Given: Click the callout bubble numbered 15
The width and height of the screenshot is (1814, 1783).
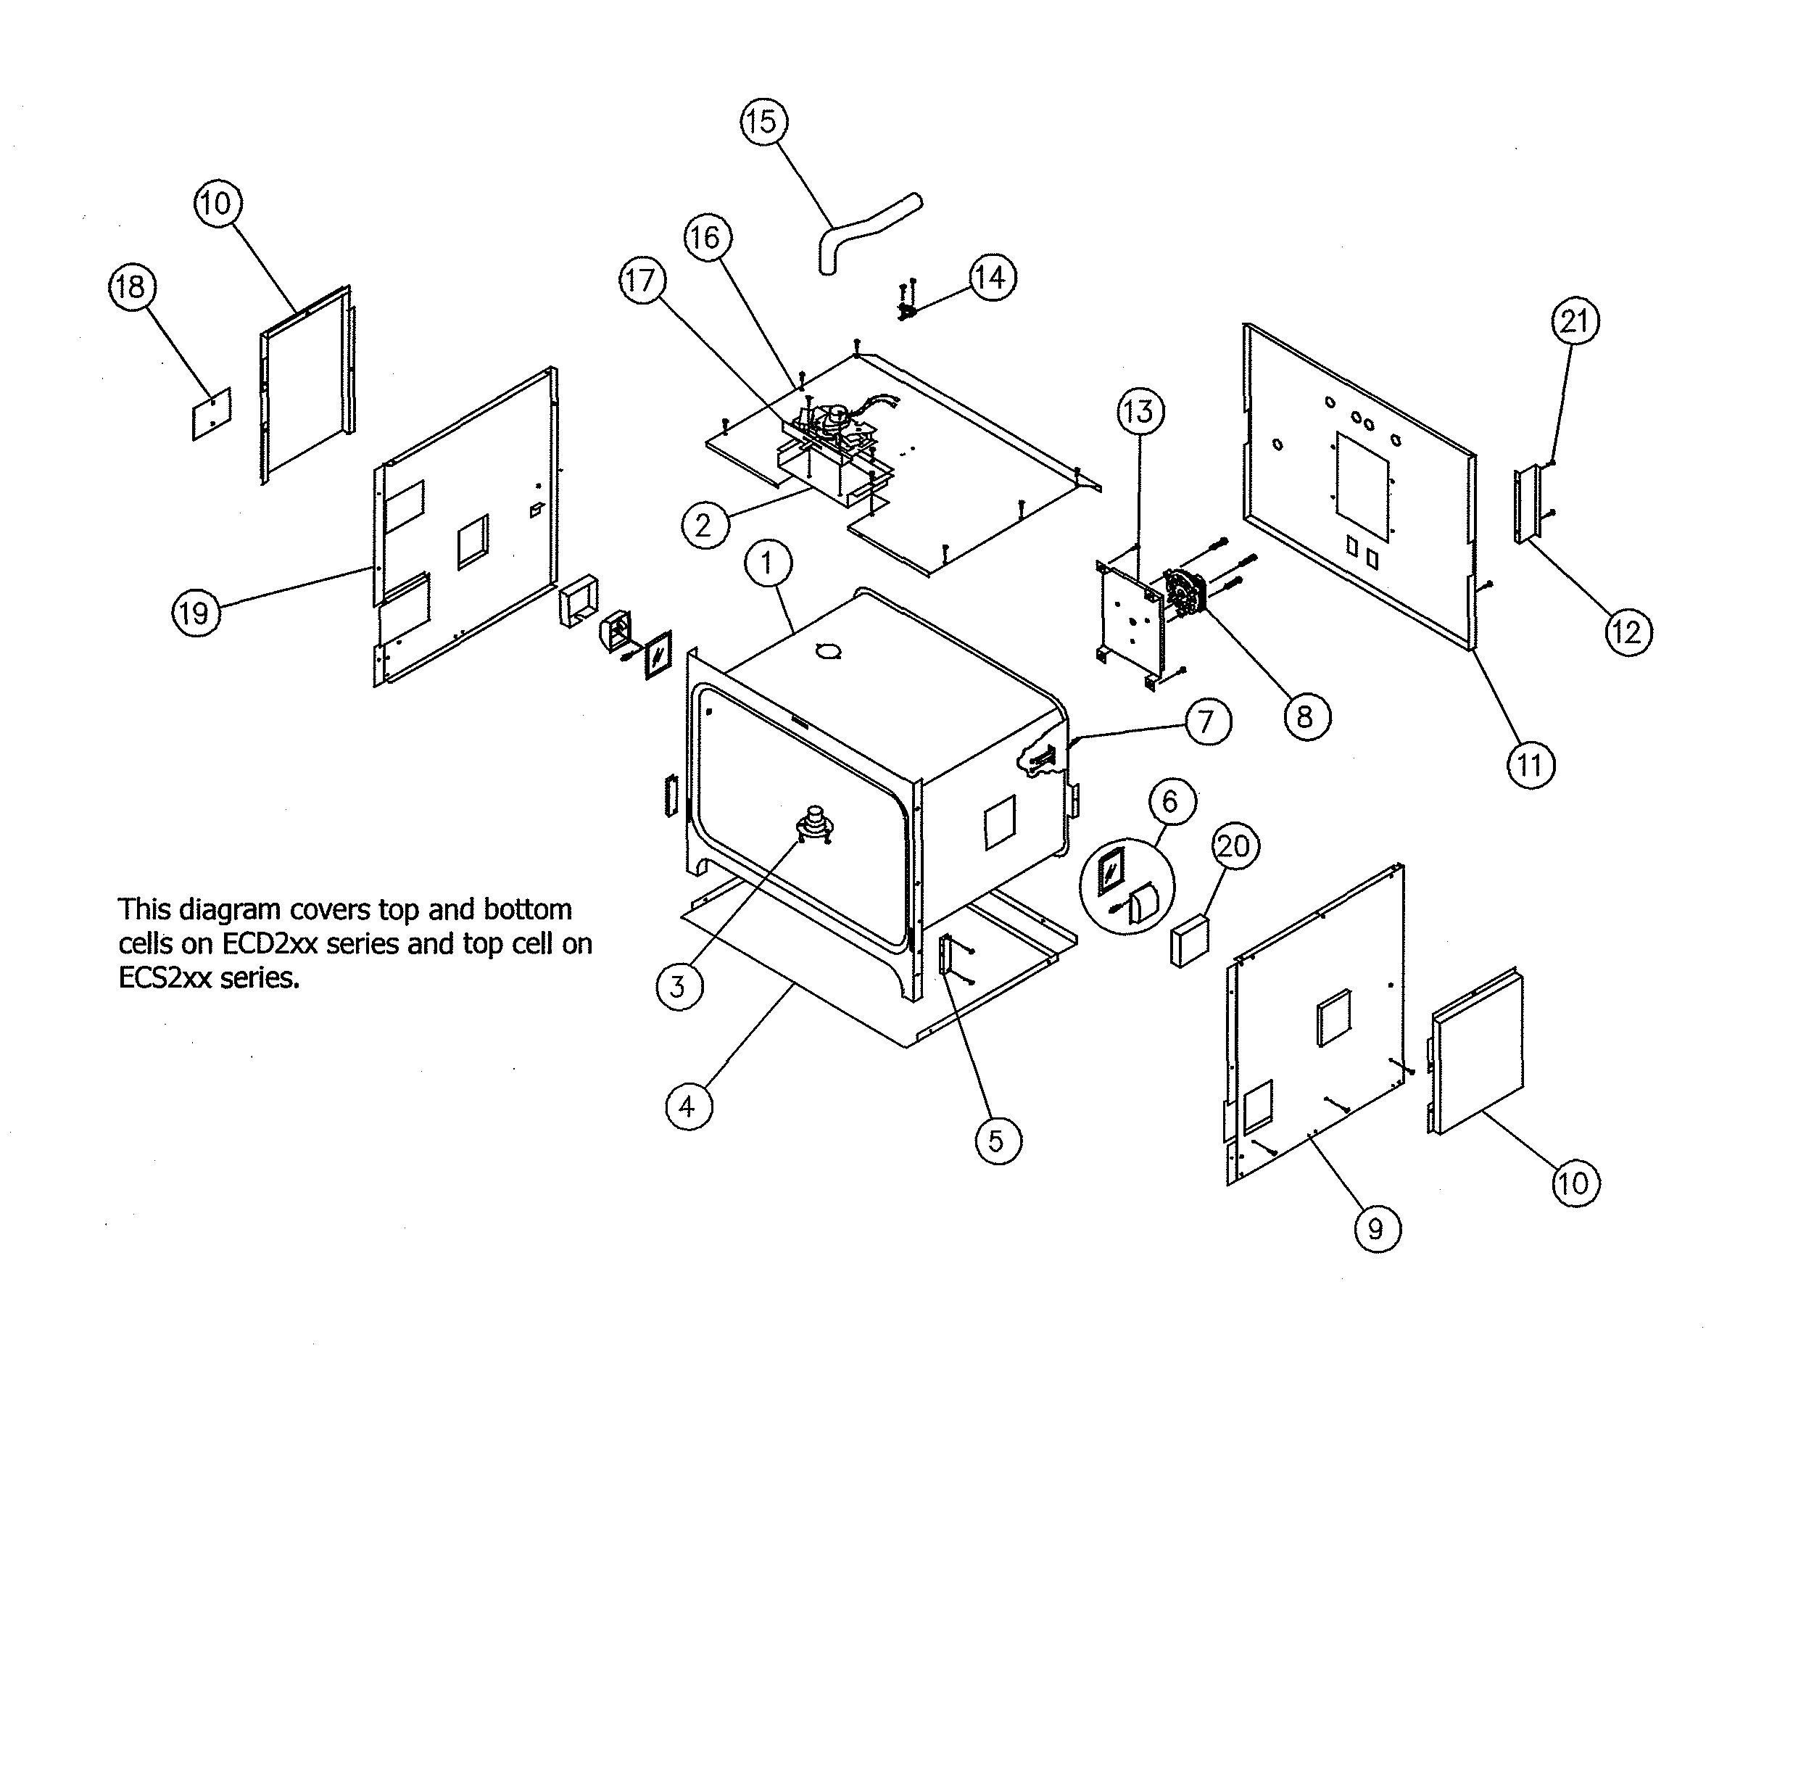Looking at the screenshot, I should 763,122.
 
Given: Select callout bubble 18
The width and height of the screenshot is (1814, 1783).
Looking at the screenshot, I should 131,286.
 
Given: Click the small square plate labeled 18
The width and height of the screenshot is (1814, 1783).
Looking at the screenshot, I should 212,413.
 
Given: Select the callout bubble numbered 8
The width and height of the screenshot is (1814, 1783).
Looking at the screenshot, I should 1306,716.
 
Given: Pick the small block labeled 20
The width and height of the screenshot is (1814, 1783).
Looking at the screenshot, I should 1188,941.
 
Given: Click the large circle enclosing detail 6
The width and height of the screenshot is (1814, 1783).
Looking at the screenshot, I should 1127,884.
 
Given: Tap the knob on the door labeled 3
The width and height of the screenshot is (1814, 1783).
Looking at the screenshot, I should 815,824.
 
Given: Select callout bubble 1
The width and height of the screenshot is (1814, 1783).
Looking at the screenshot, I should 768,563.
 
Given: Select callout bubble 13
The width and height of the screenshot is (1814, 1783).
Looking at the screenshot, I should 1140,412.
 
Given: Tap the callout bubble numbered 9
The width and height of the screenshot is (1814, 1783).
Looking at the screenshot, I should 1377,1228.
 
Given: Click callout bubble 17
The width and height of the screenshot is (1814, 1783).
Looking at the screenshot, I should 642,280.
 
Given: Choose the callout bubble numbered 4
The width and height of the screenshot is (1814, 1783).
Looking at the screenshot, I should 688,1107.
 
